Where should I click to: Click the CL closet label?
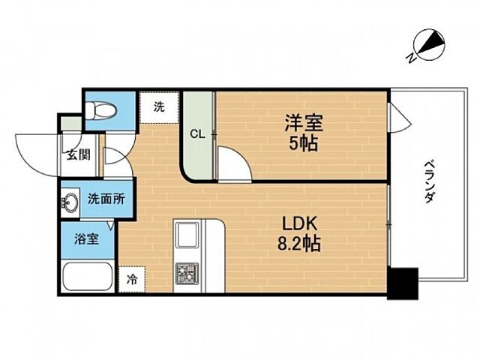pos(197,135)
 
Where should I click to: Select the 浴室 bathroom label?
pos(85,241)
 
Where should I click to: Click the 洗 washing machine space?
pos(159,107)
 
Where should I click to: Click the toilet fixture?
pos(100,110)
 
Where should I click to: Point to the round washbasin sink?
pos(72,202)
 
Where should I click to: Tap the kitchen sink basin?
pos(186,238)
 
